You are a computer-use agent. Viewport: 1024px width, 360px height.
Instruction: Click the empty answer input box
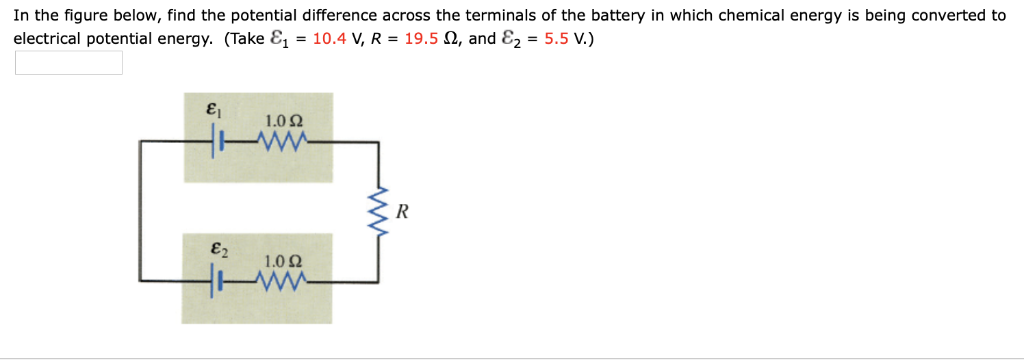tap(68, 63)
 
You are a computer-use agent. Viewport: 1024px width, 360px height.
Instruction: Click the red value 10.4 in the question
tap(328, 39)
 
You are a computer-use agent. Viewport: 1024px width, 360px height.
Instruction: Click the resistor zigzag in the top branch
tap(279, 142)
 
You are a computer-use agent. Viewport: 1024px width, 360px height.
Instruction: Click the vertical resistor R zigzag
tap(378, 211)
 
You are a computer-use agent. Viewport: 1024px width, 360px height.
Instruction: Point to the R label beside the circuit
tap(402, 212)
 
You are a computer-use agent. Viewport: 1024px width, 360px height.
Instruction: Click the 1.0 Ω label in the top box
tap(285, 121)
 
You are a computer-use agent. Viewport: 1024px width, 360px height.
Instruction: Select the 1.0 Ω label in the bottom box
tap(285, 262)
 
